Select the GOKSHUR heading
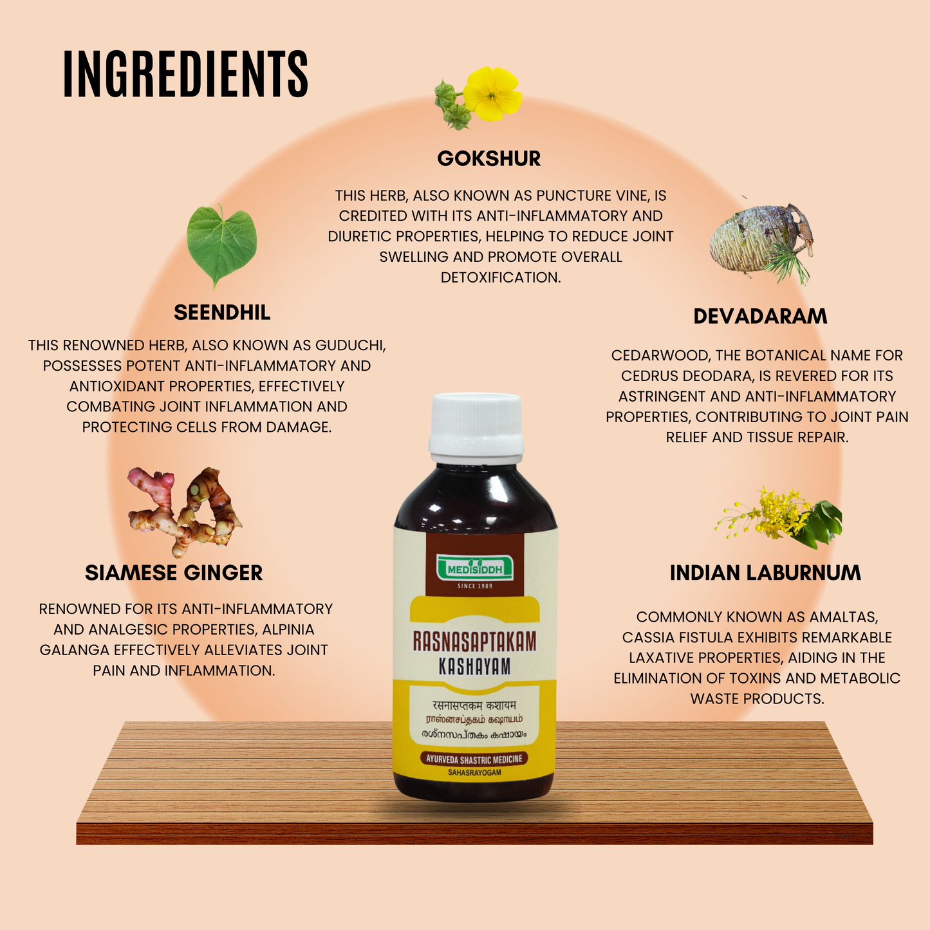pyautogui.click(x=488, y=158)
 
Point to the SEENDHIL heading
pyautogui.click(x=222, y=313)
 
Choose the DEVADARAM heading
pyautogui.click(x=760, y=317)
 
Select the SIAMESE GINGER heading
pyautogui.click(x=174, y=573)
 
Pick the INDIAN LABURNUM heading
pyautogui.click(x=765, y=573)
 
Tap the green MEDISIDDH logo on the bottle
pyautogui.click(x=475, y=568)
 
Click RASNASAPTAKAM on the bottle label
pyautogui.click(x=474, y=642)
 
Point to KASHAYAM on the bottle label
pyautogui.click(x=474, y=667)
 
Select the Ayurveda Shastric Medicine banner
pyautogui.click(x=474, y=759)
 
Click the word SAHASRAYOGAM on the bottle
pyautogui.click(x=474, y=772)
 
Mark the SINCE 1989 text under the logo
pyautogui.click(x=474, y=586)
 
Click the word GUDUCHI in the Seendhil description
pyautogui.click(x=348, y=346)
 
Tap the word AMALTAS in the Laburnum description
pyautogui.click(x=847, y=617)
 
